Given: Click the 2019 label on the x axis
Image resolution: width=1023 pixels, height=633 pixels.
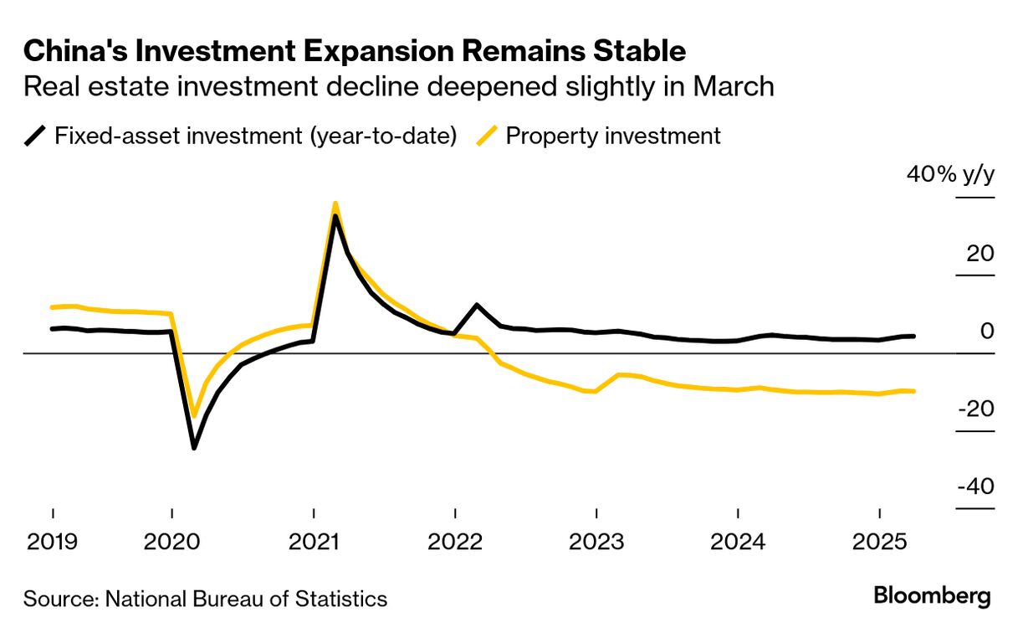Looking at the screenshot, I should (53, 542).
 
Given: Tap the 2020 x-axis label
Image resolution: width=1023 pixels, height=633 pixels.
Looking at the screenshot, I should (171, 542).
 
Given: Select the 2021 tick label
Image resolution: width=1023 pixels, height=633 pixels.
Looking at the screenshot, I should (313, 542).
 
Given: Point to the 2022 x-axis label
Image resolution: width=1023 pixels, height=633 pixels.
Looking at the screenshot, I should (454, 542).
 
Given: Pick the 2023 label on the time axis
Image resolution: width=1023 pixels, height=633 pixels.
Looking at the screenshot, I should (596, 542).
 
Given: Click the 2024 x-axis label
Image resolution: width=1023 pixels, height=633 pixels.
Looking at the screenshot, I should (738, 542).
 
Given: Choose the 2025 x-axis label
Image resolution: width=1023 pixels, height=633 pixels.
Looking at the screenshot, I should (879, 542).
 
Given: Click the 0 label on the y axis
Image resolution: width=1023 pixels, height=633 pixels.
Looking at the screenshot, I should (988, 331).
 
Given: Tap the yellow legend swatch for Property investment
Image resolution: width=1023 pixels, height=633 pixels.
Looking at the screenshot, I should (486, 136).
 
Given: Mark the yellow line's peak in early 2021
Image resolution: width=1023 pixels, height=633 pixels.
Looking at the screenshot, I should (335, 203).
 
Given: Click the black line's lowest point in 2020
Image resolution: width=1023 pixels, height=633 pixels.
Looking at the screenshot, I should (194, 448).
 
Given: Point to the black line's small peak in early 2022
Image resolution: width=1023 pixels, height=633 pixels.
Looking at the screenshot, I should (476, 305).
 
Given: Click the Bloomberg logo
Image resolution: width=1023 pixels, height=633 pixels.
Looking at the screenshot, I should (932, 597).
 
